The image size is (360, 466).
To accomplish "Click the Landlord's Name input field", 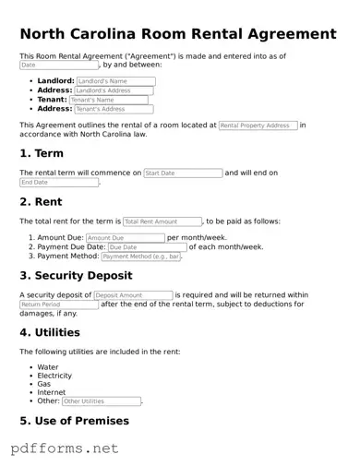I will [x=115, y=81].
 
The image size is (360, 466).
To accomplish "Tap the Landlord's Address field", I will [x=114, y=90].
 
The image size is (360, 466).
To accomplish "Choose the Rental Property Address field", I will [x=258, y=125].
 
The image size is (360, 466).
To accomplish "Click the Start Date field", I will [x=184, y=173].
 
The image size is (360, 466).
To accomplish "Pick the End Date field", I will [x=59, y=183].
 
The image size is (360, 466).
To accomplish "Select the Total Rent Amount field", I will [x=162, y=221].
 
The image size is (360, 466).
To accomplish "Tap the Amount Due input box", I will [x=126, y=238].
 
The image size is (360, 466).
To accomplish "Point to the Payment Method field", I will [x=144, y=257].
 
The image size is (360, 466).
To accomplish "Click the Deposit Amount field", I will [x=133, y=295].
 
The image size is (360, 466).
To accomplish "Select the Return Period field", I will [x=59, y=305].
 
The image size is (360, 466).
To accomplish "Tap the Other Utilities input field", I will [x=102, y=401].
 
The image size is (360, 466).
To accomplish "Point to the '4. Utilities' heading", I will [x=50, y=332].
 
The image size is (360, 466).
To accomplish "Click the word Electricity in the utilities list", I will [x=54, y=376].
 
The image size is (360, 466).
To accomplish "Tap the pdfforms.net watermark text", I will [x=65, y=449].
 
